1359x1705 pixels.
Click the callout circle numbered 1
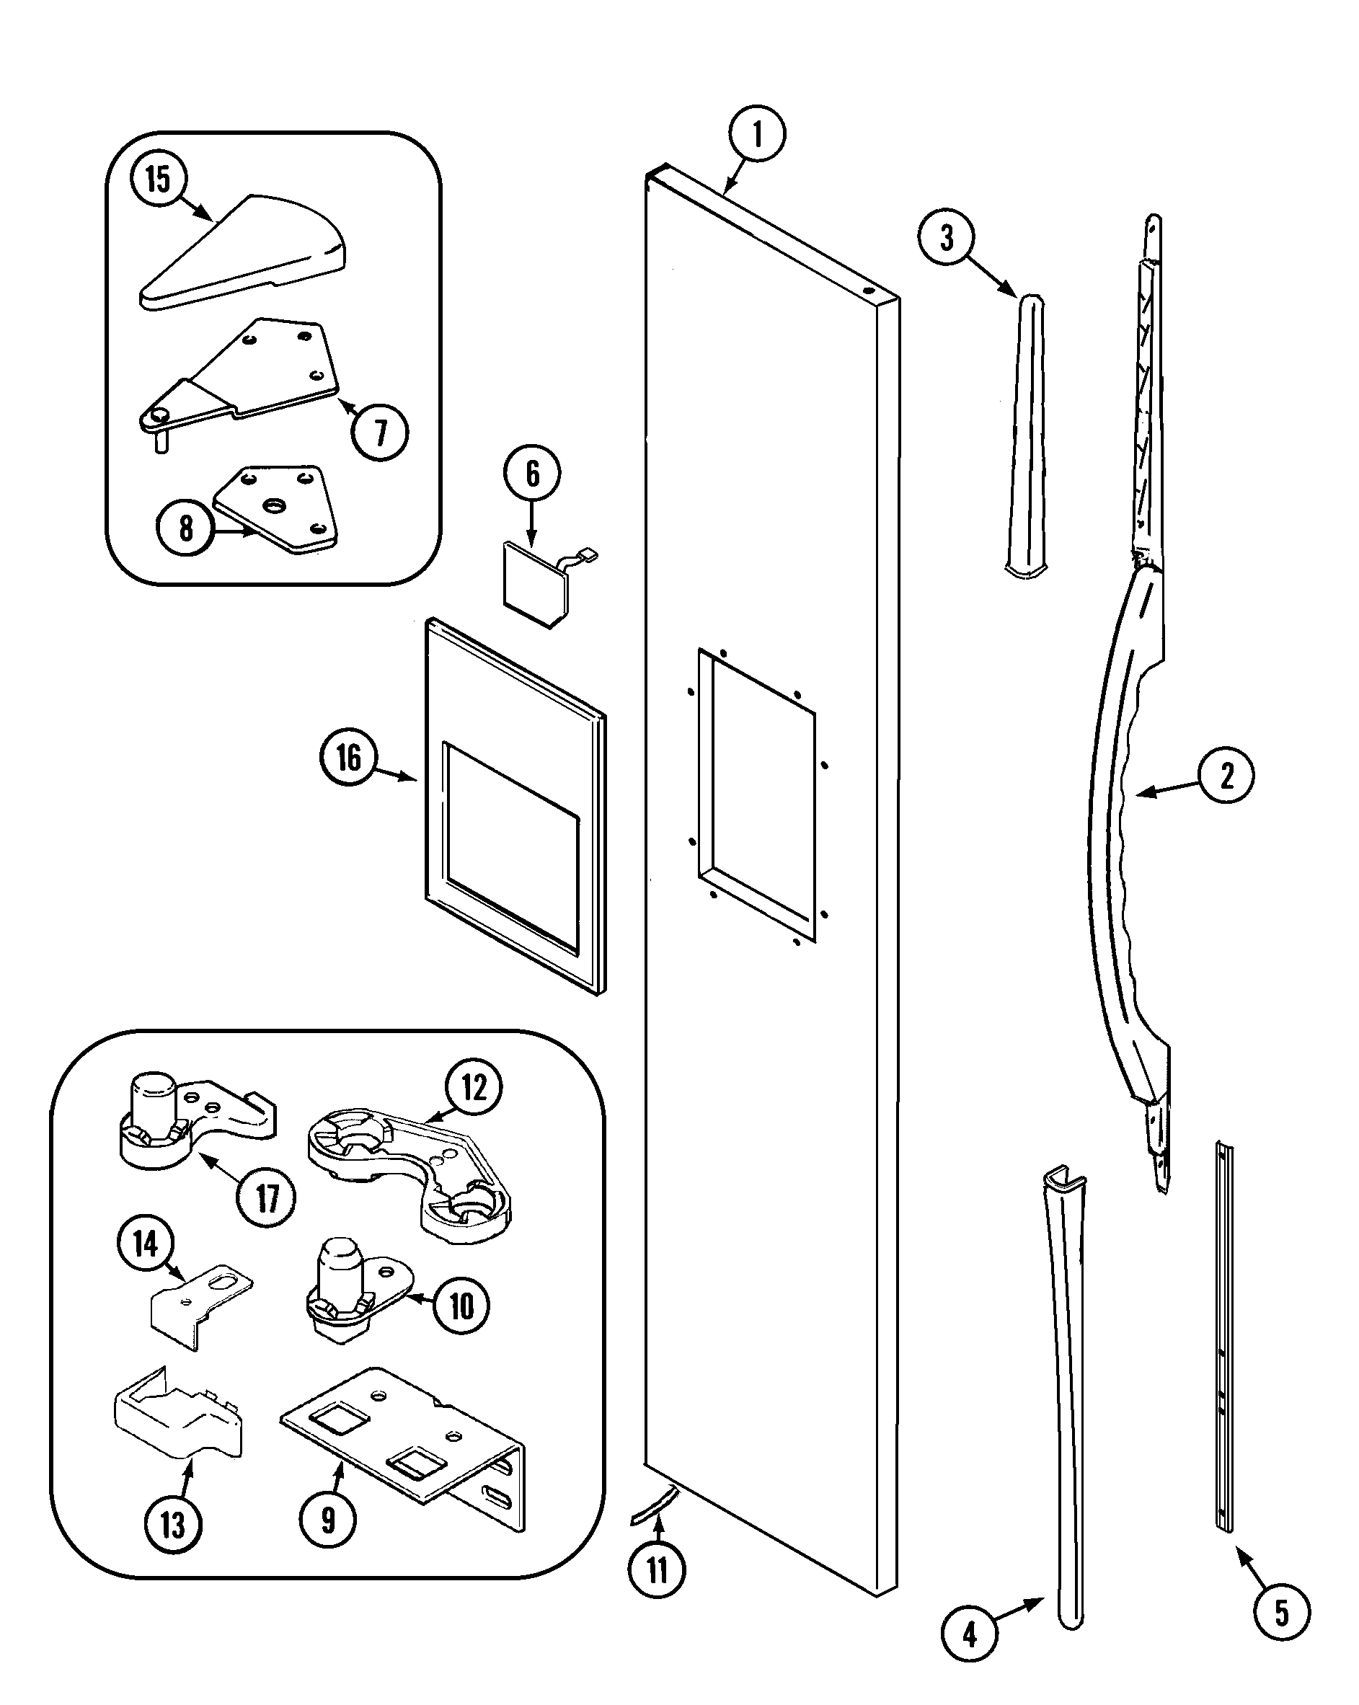click(x=756, y=133)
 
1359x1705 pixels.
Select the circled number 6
click(x=531, y=474)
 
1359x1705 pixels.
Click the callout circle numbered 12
click(x=473, y=1087)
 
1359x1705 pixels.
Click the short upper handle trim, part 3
click(x=1027, y=435)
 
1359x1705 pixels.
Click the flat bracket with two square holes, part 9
click(x=404, y=1447)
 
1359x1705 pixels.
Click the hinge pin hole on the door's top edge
click(x=868, y=291)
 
